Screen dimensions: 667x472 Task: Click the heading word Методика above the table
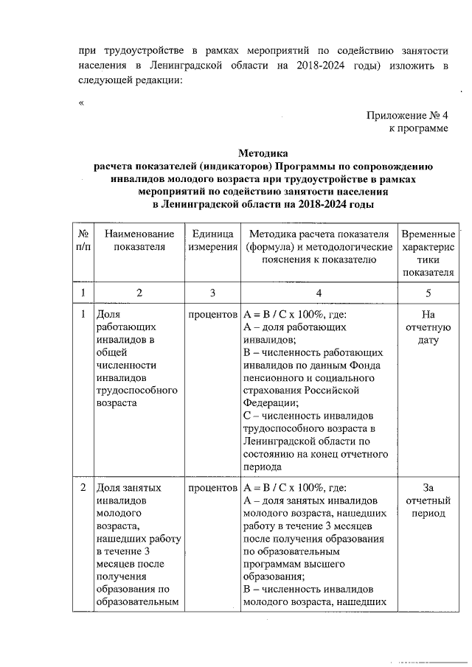tap(262, 153)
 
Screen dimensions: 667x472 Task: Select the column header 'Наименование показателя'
tap(139, 240)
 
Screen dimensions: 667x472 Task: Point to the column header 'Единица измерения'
tap(212, 240)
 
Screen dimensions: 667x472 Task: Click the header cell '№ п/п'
tap(84, 240)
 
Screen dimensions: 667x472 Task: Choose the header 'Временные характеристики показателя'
tap(428, 253)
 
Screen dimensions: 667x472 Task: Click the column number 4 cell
tap(319, 293)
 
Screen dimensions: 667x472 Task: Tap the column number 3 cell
tap(212, 293)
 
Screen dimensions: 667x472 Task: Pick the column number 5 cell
tap(428, 293)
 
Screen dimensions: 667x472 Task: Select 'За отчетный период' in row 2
tap(428, 500)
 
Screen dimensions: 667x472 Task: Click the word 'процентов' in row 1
tap(212, 314)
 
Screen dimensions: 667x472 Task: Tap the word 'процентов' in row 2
tap(212, 487)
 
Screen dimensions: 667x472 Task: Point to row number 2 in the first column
tap(83, 487)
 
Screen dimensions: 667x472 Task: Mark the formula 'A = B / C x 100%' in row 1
tap(285, 314)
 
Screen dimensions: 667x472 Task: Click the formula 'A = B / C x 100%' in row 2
tap(285, 487)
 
